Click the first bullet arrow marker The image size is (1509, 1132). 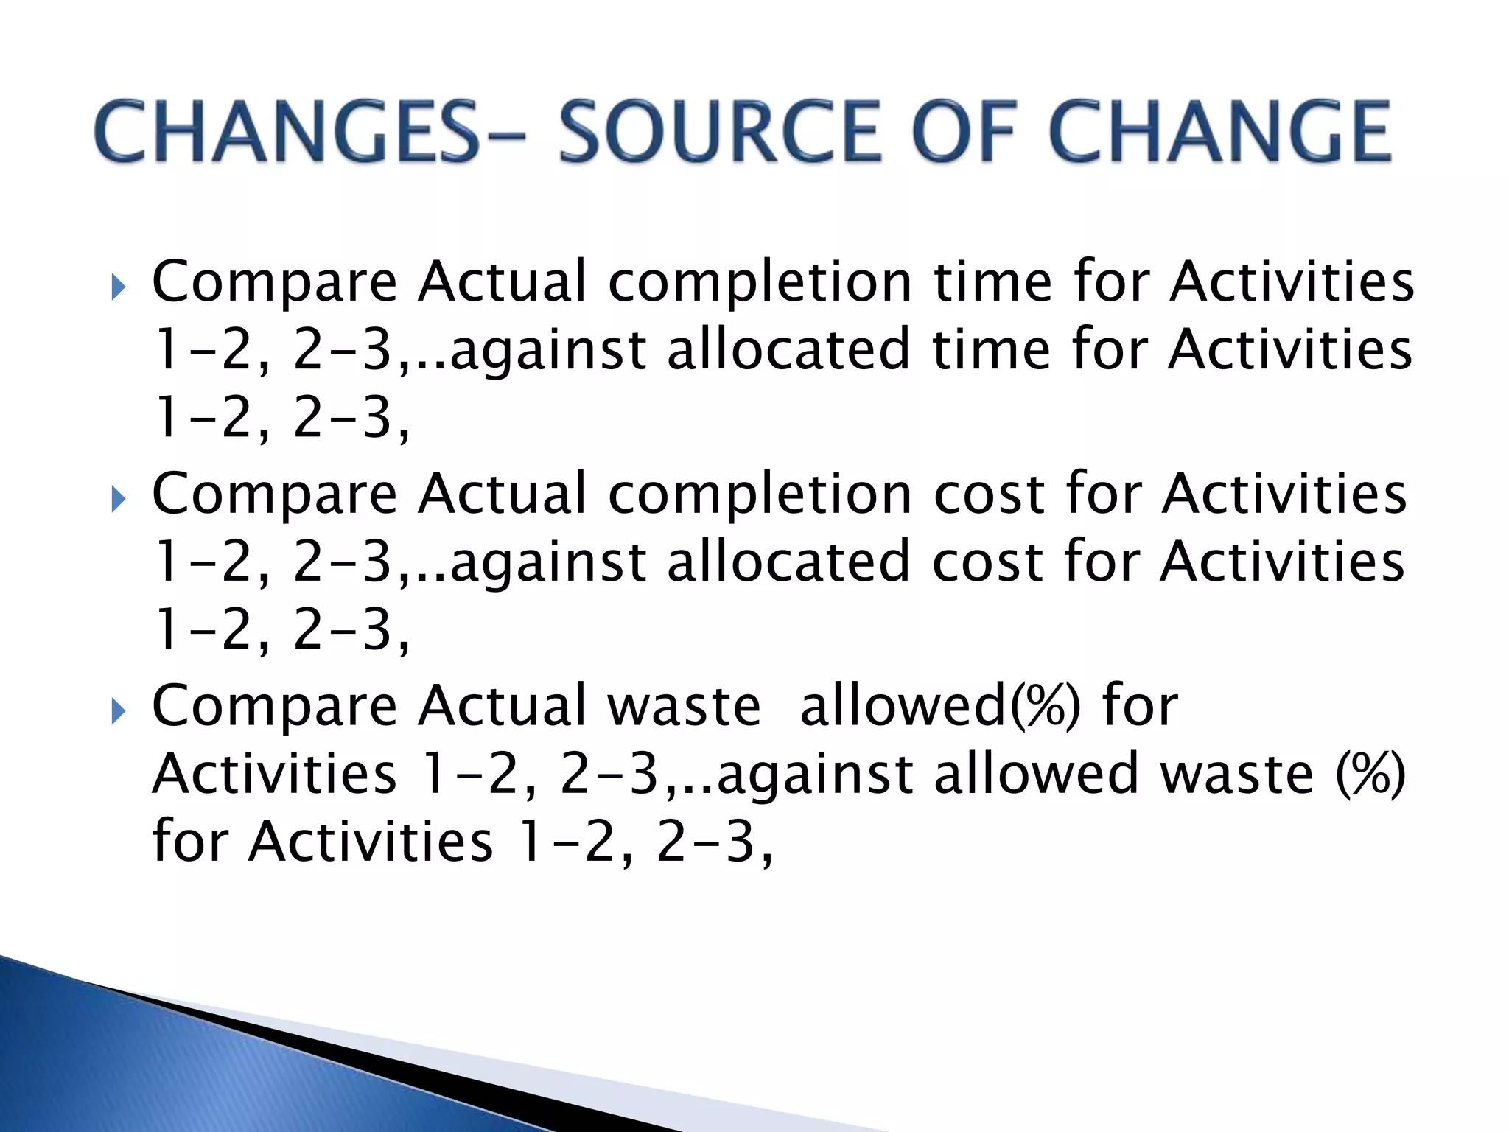(x=118, y=288)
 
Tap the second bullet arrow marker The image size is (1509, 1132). (x=118, y=500)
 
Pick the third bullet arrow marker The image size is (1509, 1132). (x=118, y=713)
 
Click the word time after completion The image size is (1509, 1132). (x=992, y=282)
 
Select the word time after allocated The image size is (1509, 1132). (x=990, y=349)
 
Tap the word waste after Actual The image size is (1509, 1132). (x=684, y=706)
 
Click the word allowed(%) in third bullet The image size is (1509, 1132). (x=939, y=706)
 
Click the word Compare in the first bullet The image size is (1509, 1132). (x=274, y=282)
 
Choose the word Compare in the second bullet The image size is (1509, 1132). (x=274, y=494)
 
